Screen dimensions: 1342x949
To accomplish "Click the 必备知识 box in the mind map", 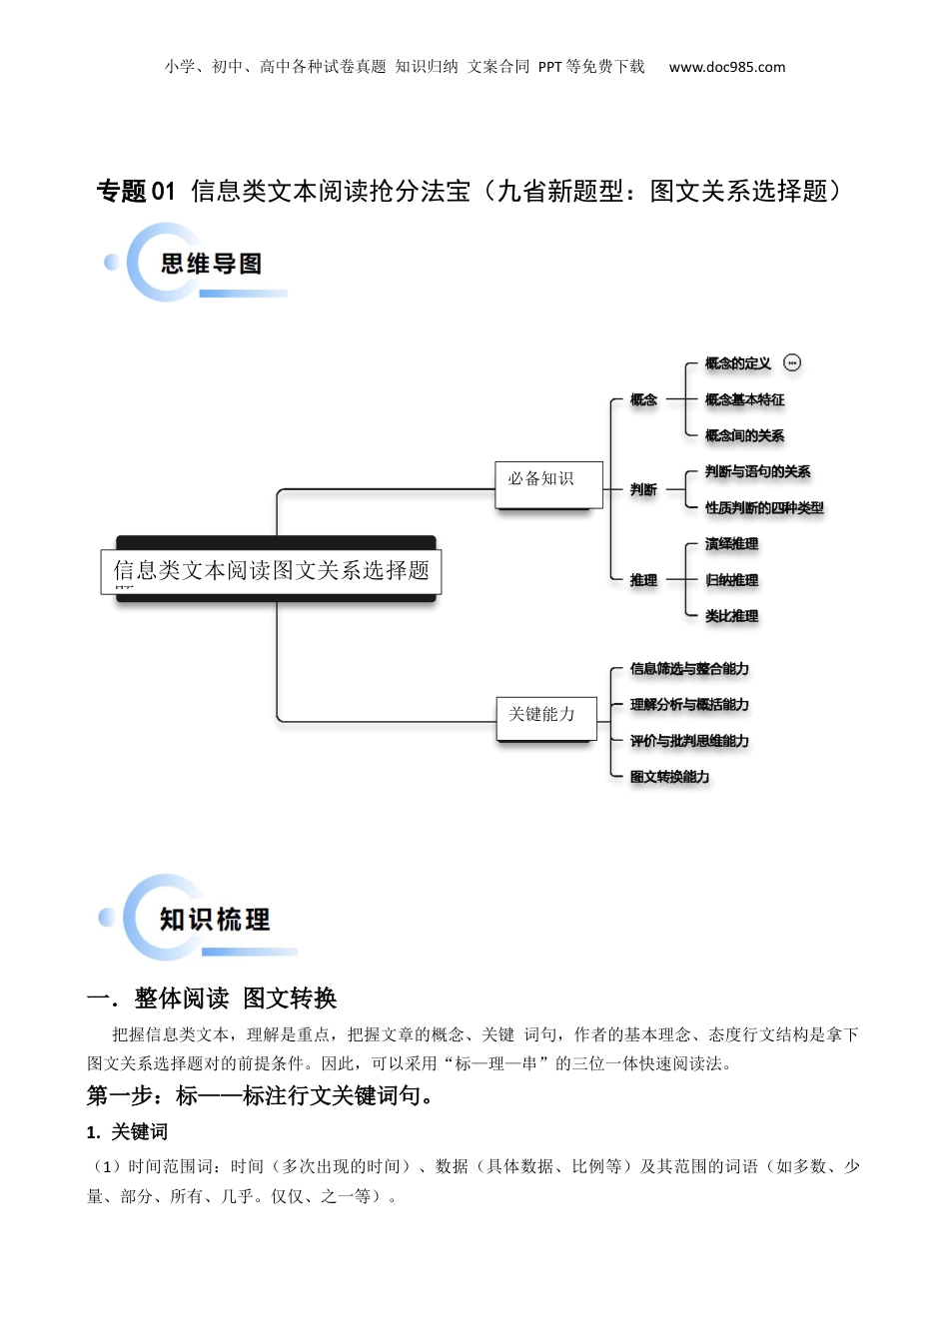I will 548,484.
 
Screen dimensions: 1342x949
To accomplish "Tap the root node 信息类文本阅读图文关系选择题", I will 271,571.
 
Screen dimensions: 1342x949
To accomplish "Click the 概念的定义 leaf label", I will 737,363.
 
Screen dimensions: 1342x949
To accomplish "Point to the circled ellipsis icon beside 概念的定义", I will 792,363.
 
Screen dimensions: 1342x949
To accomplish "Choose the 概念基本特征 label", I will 744,399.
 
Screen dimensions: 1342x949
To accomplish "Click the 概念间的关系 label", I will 744,435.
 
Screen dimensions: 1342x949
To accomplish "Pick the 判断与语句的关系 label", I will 757,471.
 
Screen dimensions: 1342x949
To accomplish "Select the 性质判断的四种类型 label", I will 764,507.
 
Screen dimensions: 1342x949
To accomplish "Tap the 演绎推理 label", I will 731,544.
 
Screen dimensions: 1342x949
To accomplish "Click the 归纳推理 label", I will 731,580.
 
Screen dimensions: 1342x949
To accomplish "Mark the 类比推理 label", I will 731,616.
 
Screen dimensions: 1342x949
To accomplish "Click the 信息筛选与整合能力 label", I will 689,669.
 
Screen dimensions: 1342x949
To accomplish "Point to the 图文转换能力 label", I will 669,777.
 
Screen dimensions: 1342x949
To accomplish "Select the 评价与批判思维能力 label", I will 689,741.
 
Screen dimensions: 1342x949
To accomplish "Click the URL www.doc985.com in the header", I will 726,67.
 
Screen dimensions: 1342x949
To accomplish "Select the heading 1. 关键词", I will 127,1131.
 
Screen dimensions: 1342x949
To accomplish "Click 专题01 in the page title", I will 136,191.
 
